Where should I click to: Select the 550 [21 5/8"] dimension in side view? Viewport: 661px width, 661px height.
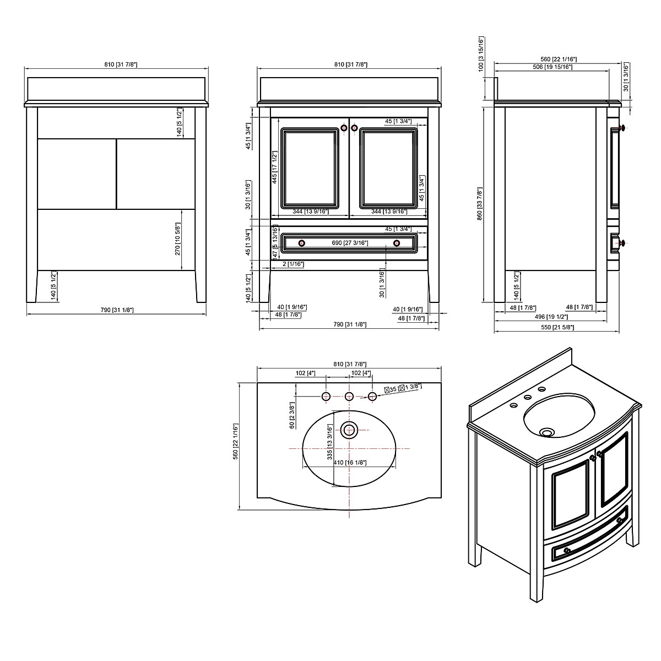pos(557,327)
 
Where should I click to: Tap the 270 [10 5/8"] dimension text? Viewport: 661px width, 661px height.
pos(178,239)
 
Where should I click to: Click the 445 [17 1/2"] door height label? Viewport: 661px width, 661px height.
pos(273,169)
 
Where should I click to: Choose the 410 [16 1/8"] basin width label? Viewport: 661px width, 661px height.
pos(350,463)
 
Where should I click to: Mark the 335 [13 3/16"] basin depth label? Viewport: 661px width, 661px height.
pos(329,442)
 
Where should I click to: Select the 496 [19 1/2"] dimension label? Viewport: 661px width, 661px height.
pos(553,317)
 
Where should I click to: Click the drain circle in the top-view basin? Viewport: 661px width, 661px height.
pos(349,429)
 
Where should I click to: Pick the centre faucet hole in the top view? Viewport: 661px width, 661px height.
pos(349,396)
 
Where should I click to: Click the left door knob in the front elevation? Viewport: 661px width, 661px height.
pos(344,128)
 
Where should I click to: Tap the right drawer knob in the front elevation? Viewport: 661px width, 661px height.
pos(396,243)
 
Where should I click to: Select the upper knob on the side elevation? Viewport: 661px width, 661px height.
pos(622,128)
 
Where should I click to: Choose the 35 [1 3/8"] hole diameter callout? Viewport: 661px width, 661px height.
pos(403,388)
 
